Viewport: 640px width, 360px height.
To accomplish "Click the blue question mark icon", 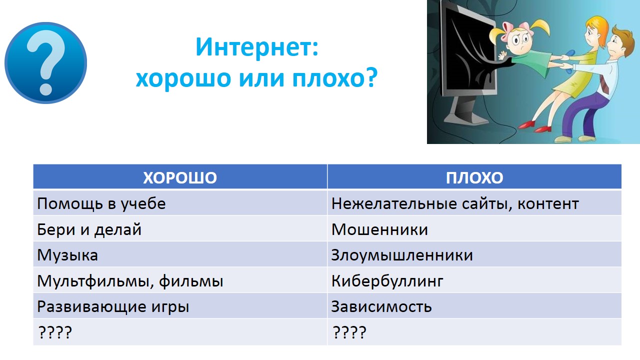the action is [x=45, y=63].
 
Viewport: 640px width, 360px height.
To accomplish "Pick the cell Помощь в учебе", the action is [x=180, y=203].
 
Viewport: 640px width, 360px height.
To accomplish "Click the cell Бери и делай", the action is [x=180, y=229].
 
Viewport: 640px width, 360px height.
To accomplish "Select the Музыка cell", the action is [x=180, y=254].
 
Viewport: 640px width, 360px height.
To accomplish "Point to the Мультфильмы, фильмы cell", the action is [x=180, y=280].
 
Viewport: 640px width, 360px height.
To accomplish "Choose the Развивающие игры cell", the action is [x=180, y=306].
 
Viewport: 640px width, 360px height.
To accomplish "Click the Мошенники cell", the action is [x=474, y=229].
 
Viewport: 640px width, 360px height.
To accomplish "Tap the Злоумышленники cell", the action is [x=474, y=254].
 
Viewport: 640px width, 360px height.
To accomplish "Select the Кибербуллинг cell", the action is [x=474, y=280].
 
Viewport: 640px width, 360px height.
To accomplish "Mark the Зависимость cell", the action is [x=474, y=306].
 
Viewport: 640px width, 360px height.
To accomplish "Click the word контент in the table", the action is [x=548, y=204].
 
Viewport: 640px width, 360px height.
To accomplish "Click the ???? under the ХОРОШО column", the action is [x=55, y=332].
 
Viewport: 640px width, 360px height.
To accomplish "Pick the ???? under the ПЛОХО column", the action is [x=349, y=332].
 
